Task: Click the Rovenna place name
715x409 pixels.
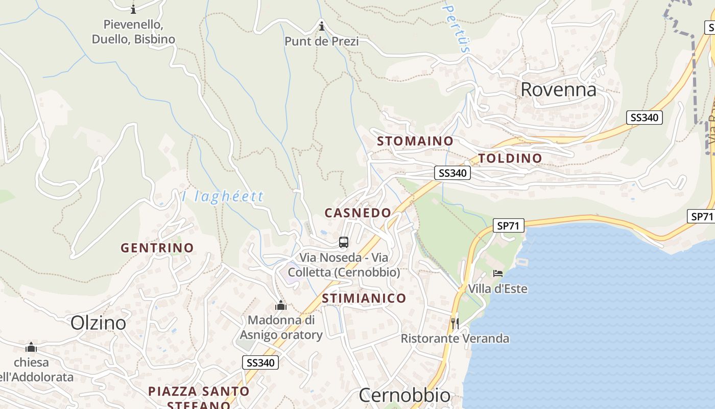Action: [x=558, y=89]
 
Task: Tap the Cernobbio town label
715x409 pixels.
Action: [x=404, y=395]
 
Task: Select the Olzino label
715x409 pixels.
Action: [x=98, y=323]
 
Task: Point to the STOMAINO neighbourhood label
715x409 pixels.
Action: [x=415, y=141]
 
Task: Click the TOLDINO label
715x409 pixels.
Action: [x=510, y=158]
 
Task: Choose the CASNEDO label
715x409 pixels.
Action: [x=357, y=213]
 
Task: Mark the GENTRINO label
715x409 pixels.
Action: [x=157, y=248]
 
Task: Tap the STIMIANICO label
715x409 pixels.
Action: [x=364, y=298]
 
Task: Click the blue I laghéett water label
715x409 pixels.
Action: [x=223, y=196]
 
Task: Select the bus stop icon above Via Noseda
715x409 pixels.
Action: [x=344, y=242]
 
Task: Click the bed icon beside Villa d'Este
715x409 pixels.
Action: [x=498, y=274]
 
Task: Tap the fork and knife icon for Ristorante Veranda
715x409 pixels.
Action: [x=455, y=323]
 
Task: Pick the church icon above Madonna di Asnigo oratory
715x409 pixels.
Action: [x=280, y=306]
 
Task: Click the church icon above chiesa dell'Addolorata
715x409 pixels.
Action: [x=31, y=348]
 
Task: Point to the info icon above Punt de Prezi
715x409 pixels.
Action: [x=322, y=26]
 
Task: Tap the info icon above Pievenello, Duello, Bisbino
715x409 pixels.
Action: [x=133, y=9]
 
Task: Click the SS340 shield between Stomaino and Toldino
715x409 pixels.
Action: [x=452, y=173]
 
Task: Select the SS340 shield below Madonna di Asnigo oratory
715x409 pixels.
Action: [x=260, y=363]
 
